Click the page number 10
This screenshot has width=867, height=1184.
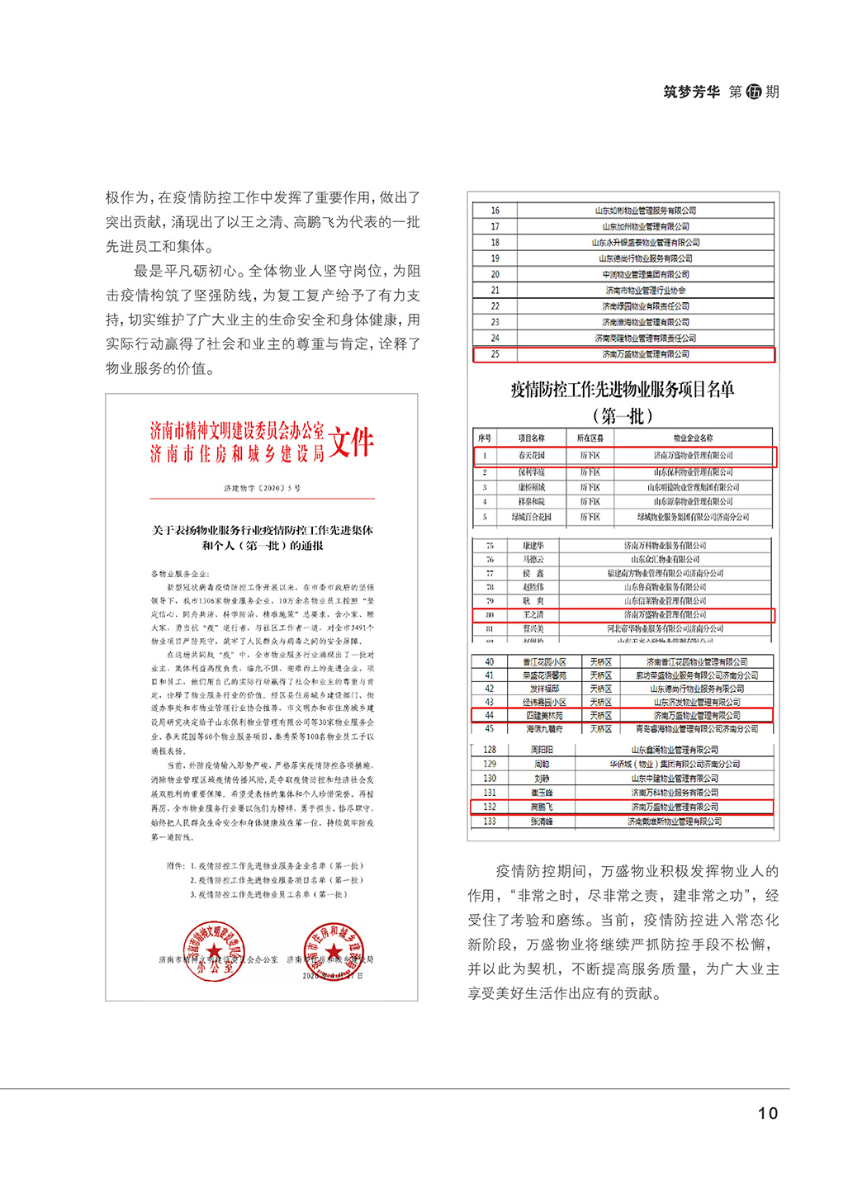click(767, 1113)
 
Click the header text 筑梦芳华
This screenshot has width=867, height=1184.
click(691, 92)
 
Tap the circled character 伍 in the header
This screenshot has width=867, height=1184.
click(753, 92)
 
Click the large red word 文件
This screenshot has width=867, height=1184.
click(351, 443)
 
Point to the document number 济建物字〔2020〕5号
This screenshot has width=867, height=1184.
click(262, 489)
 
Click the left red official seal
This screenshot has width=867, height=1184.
click(213, 951)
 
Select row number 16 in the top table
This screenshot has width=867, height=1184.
click(495, 211)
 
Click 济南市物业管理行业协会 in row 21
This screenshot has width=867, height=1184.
click(645, 291)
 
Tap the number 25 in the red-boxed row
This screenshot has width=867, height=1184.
click(495, 354)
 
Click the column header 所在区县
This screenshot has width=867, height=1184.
click(590, 438)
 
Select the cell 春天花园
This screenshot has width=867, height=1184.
click(531, 455)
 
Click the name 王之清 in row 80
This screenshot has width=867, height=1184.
click(533, 615)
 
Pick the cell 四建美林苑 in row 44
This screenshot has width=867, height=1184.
click(544, 716)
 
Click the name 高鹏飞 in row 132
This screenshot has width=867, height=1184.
click(542, 807)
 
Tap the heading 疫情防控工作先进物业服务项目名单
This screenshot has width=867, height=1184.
click(622, 390)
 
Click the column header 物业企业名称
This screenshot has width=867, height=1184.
click(693, 438)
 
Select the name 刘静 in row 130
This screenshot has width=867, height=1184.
click(542, 779)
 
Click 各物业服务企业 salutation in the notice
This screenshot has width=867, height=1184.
click(180, 573)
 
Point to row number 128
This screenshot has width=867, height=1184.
click(490, 750)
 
